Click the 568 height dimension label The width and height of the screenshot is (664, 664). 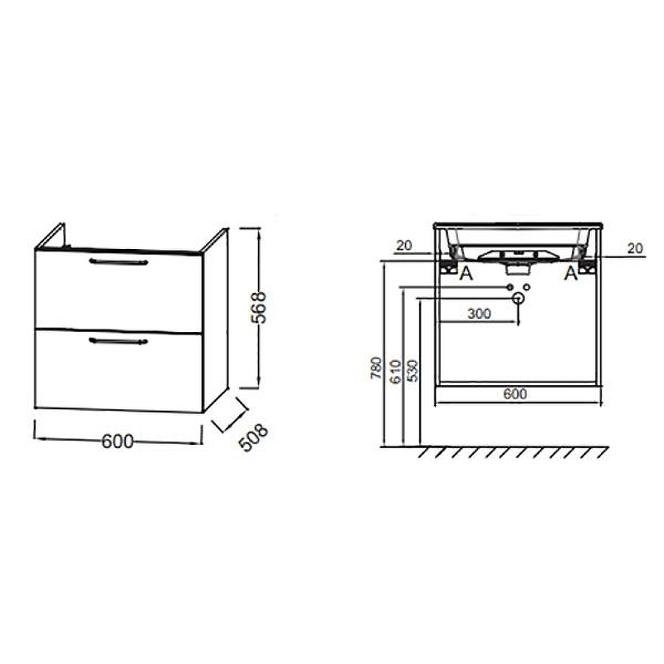point(259,307)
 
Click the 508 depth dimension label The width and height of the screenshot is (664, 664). point(253,437)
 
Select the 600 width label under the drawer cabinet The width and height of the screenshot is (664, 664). point(117,442)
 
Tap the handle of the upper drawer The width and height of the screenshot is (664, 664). point(119,261)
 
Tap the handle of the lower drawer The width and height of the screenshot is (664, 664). point(119,341)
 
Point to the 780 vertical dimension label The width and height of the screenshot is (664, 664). point(376,368)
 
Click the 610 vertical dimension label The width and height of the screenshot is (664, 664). point(395,371)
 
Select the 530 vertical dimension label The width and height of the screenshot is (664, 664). point(413,370)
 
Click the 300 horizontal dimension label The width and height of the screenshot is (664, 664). point(479,314)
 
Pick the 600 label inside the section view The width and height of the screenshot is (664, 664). point(515,393)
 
